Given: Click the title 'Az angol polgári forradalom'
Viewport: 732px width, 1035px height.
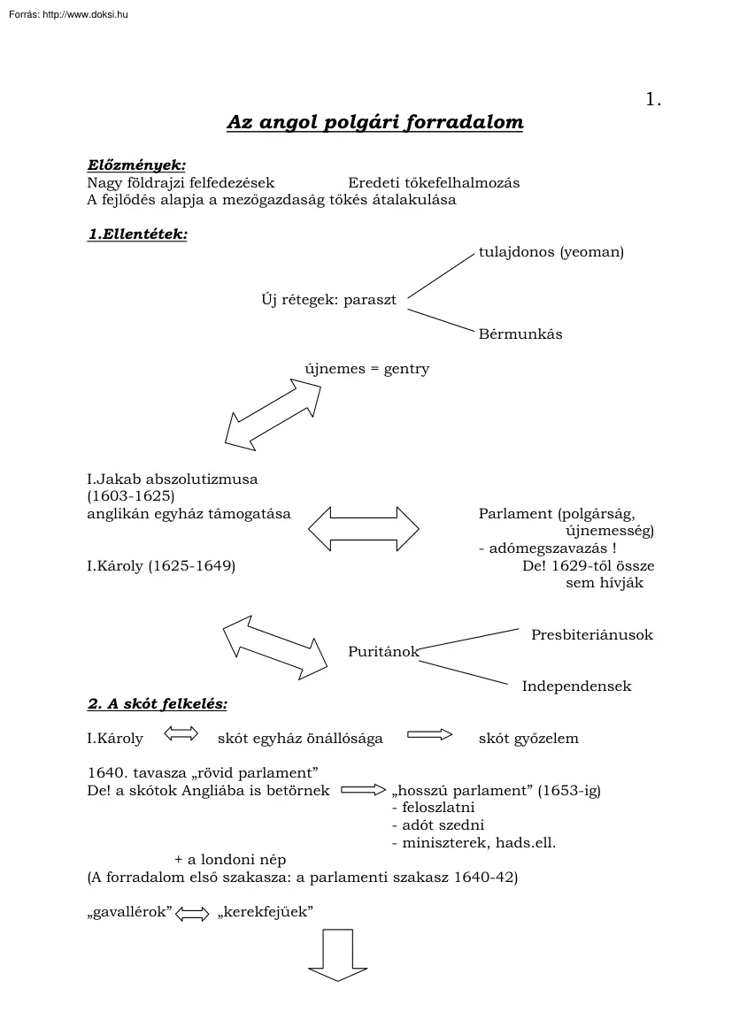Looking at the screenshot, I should click(x=374, y=122).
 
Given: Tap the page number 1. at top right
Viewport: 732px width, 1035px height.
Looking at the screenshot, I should click(x=654, y=100).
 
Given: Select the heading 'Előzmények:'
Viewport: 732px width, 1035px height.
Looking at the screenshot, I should click(x=136, y=165).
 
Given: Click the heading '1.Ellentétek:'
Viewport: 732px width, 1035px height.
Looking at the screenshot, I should click(x=137, y=235).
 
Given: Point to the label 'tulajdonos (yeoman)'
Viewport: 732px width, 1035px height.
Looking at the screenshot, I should click(x=551, y=252).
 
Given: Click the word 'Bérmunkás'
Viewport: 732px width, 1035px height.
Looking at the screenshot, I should click(x=520, y=334).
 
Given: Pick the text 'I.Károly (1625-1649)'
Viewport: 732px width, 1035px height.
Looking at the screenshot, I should click(x=161, y=565).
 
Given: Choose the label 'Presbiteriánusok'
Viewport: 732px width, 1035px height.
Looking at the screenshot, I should click(x=591, y=635).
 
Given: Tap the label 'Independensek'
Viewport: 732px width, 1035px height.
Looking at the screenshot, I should click(x=576, y=686).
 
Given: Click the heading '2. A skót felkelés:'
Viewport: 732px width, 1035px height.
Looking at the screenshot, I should click(x=157, y=705).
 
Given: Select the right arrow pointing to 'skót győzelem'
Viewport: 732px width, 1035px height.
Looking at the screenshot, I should click(x=429, y=734).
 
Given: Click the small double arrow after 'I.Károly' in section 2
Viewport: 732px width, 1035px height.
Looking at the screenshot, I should click(x=181, y=733).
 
